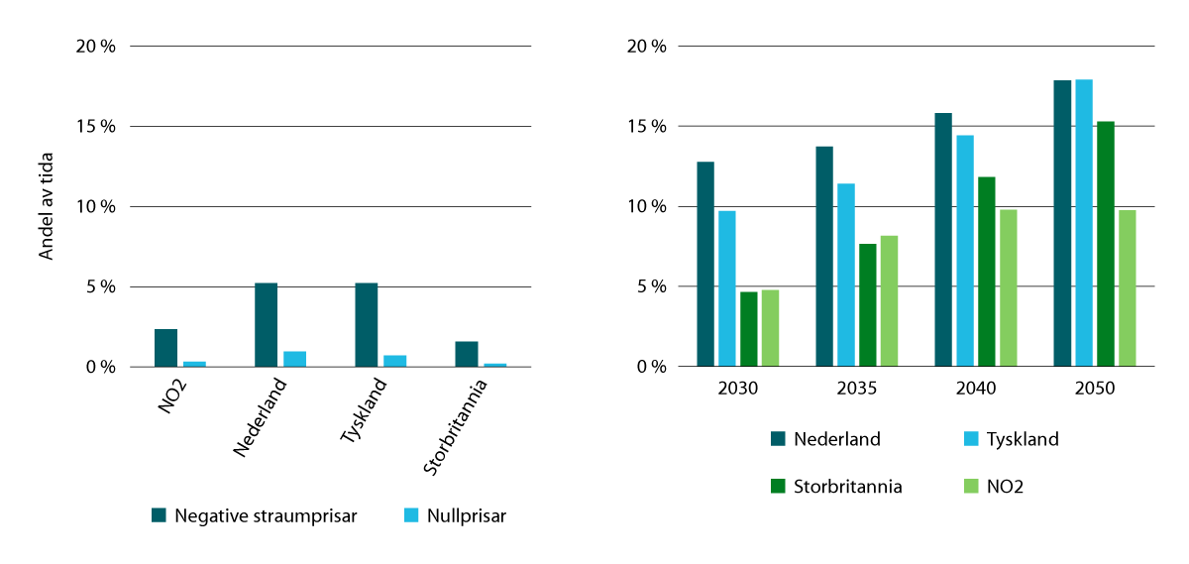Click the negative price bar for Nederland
pos(266,325)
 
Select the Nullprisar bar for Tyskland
pos(394,361)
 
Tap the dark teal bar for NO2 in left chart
pos(165,348)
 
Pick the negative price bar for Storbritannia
pos(466,354)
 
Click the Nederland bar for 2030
pos(705,265)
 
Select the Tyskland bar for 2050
pos(1084,223)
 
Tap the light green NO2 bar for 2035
pos(890,301)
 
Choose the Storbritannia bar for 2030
pos(749,329)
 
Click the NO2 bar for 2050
pos(1127,288)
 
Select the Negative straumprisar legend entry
pos(254,515)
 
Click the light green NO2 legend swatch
pos(971,487)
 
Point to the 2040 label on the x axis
pos(976,389)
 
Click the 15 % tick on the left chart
pos(97,127)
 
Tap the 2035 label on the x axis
pos(857,389)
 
